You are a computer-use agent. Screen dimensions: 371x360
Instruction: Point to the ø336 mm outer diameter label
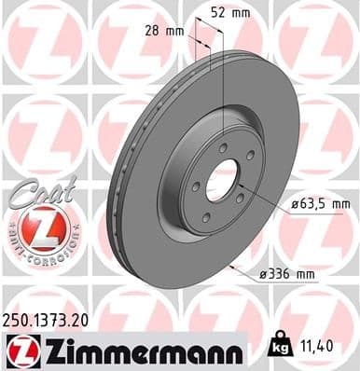coord(288,272)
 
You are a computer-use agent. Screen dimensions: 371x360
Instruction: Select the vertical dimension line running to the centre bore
coord(224,103)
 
